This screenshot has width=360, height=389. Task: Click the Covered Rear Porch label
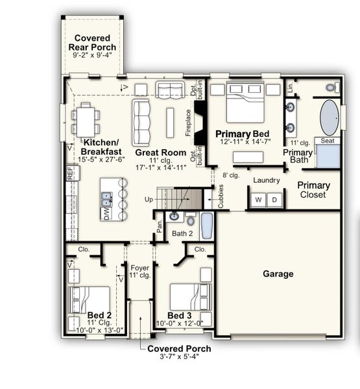pyautogui.click(x=95, y=43)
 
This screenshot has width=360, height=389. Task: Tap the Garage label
pyautogui.click(x=278, y=274)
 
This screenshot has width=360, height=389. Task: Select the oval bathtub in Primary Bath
pyautogui.click(x=329, y=117)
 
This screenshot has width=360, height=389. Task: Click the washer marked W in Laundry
pyautogui.click(x=258, y=200)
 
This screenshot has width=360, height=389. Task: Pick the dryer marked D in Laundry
pyautogui.click(x=274, y=200)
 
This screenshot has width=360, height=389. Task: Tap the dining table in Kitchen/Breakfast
pyautogui.click(x=86, y=120)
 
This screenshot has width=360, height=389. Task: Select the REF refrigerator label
pyautogui.click(x=70, y=173)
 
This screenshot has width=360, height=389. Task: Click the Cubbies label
pyautogui.click(x=221, y=194)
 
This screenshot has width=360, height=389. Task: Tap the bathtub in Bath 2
pyautogui.click(x=206, y=226)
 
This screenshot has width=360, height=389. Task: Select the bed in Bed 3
pyautogui.click(x=189, y=297)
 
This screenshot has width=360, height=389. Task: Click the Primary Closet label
pyautogui.click(x=314, y=190)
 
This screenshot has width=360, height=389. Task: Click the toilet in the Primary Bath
pyautogui.click(x=331, y=86)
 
